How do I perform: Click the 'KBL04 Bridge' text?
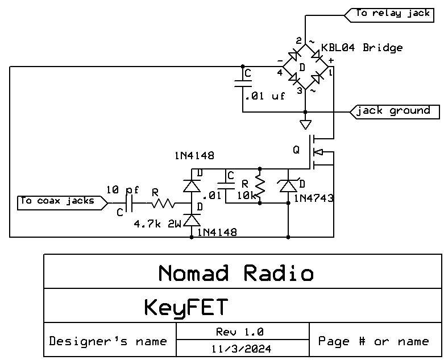[x=362, y=48]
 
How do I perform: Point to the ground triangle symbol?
[x=306, y=125]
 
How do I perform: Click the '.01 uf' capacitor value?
[x=265, y=97]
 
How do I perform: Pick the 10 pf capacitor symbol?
[x=130, y=202]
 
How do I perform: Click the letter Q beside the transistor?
[x=296, y=150]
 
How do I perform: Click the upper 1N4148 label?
[x=195, y=155]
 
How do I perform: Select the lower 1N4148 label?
[x=217, y=232]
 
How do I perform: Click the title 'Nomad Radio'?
[x=235, y=274]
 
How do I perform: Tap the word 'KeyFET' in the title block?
[x=185, y=308]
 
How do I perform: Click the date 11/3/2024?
[x=242, y=348]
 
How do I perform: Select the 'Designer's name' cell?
[x=108, y=341]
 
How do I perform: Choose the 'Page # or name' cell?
[x=374, y=341]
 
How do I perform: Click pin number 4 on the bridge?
[x=280, y=72]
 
